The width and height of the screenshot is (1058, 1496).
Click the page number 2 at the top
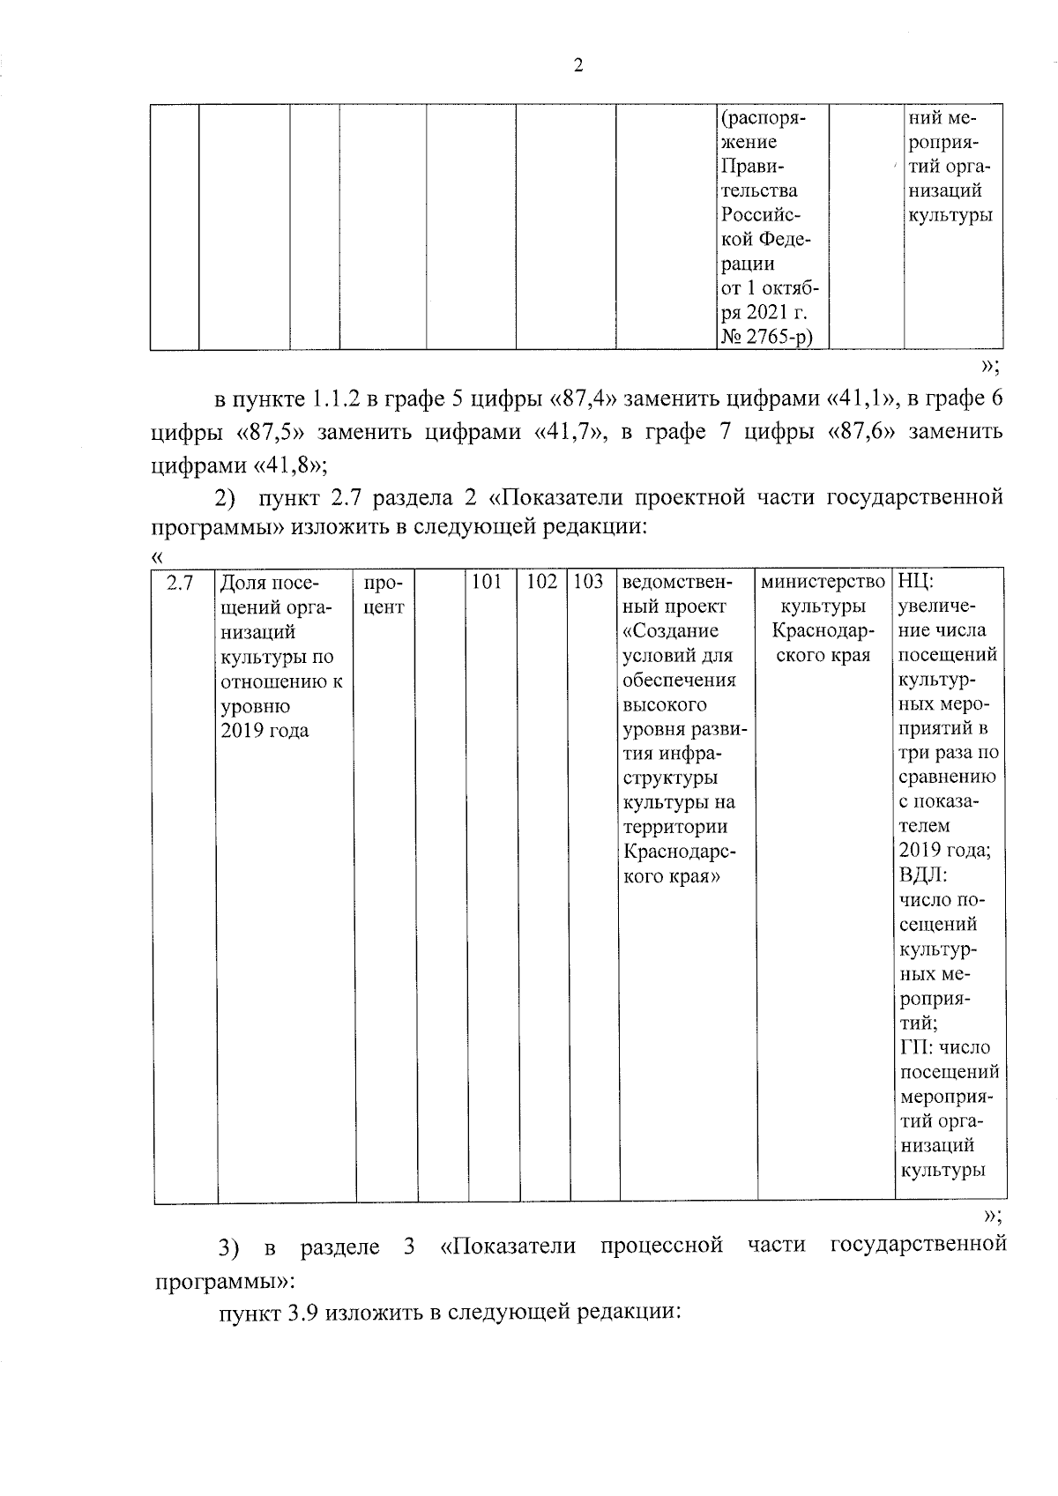coord(577,67)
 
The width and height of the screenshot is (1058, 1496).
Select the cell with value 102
coord(542,582)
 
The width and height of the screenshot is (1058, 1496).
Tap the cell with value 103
coord(588,582)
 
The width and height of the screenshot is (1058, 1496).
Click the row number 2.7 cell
coord(180,583)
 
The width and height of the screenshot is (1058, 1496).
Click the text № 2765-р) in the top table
coord(766,337)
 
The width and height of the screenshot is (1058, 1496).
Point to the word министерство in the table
coord(823,582)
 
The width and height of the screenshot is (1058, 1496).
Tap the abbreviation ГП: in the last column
coord(917,1047)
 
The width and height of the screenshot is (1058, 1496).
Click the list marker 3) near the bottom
coord(228,1247)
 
